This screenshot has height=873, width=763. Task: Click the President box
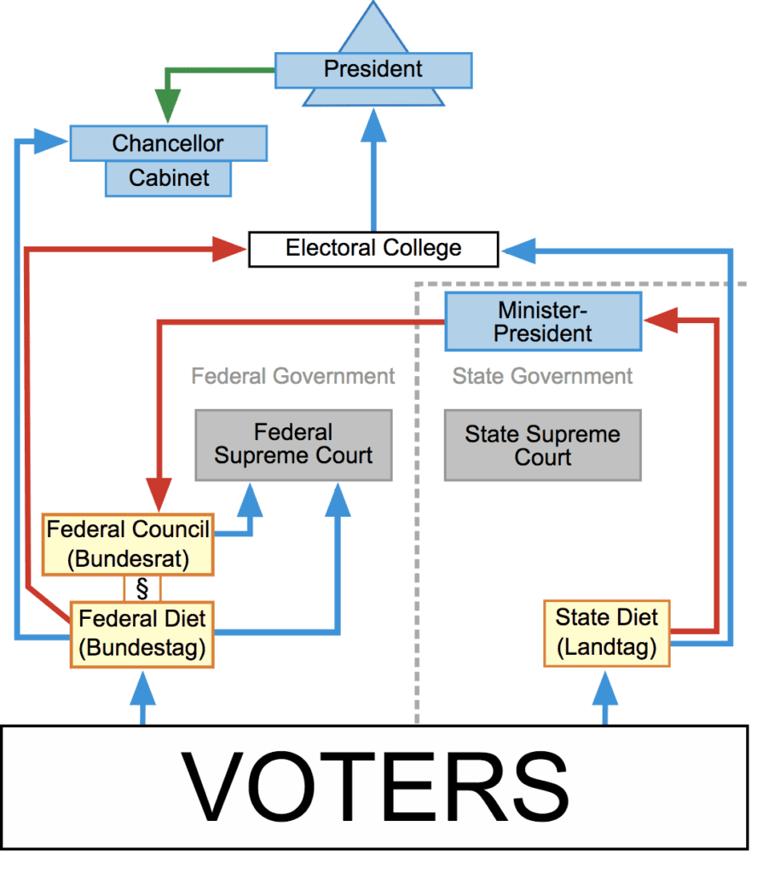coord(373,69)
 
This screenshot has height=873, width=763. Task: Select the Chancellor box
coord(168,143)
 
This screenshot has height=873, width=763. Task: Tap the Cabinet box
coord(168,178)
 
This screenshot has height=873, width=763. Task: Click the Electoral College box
coord(373,249)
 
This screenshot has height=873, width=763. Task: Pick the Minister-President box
coord(542,321)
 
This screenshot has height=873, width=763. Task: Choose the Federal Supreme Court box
coord(293,444)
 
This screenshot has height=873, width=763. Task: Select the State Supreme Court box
coord(542,444)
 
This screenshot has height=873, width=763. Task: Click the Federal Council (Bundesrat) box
coord(128,543)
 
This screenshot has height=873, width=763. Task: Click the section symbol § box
coord(142,588)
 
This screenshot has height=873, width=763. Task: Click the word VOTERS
coord(379,787)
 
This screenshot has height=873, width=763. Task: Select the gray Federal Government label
coord(292,376)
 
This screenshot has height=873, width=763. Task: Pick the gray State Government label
coord(542,376)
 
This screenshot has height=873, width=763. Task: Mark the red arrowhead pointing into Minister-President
coord(658,321)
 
